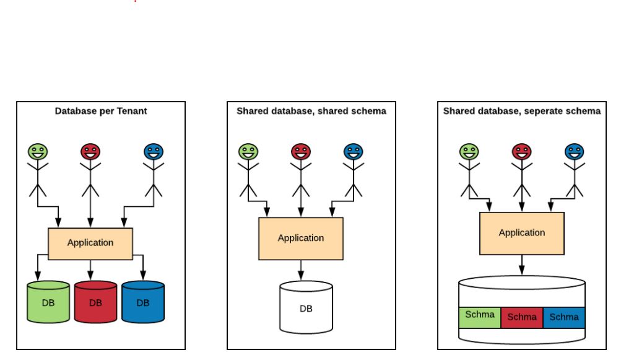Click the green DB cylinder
(48, 302)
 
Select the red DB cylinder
(95, 302)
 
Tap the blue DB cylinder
(143, 302)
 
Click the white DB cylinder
(306, 307)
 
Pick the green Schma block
(480, 317)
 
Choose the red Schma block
(522, 317)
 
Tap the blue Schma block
(564, 317)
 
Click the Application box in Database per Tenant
(90, 244)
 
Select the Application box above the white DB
(301, 239)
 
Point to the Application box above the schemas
(522, 233)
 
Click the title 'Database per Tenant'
(100, 111)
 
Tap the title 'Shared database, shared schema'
(311, 111)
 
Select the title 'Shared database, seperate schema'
(522, 111)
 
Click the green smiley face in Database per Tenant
(38, 152)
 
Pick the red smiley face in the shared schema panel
(301, 152)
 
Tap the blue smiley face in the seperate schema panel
(575, 152)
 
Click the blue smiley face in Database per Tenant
(154, 152)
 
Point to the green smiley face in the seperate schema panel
(469, 152)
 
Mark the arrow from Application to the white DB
(301, 270)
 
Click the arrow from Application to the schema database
(522, 265)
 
